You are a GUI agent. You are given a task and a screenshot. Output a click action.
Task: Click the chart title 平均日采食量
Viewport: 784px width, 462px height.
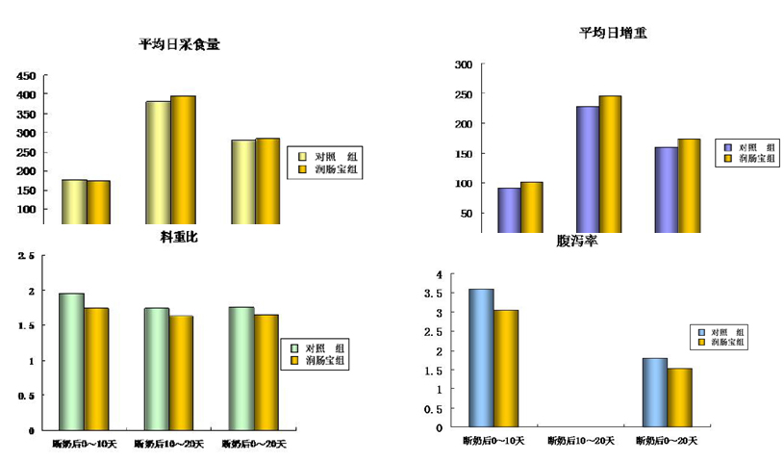(179, 44)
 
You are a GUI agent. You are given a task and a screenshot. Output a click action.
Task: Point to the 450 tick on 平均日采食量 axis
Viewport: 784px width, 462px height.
(26, 76)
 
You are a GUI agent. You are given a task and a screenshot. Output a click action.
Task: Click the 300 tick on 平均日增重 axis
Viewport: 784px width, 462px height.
(463, 64)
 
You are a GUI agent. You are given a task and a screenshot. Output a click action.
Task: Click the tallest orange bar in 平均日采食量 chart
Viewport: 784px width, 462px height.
(183, 160)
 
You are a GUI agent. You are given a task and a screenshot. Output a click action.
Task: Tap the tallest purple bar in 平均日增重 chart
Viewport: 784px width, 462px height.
(587, 169)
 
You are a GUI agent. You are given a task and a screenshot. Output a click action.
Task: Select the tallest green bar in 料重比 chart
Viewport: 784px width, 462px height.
(70, 361)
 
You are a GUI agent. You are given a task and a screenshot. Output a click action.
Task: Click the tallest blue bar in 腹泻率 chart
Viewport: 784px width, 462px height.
(480, 356)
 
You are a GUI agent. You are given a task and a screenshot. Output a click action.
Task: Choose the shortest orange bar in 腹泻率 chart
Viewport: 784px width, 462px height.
(679, 397)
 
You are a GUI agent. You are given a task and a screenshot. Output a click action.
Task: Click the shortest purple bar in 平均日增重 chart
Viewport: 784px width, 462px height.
(509, 210)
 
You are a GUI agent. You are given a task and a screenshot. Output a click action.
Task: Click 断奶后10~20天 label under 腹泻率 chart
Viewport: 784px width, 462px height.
(580, 441)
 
